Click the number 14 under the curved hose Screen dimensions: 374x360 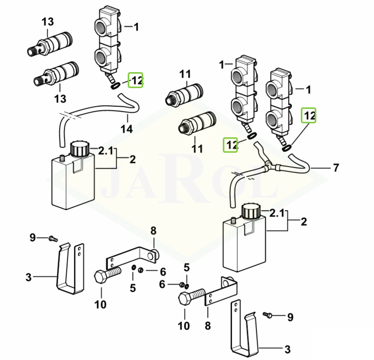[x=127, y=129]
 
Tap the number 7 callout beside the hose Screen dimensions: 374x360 [x=336, y=168]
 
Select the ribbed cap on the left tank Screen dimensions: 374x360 [x=80, y=149]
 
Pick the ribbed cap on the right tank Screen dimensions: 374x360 [x=252, y=211]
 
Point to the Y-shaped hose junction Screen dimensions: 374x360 [x=268, y=166]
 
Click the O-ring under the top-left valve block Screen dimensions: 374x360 [x=116, y=87]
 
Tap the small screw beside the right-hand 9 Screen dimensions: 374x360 [x=268, y=315]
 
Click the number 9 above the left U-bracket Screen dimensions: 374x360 [x=33, y=238]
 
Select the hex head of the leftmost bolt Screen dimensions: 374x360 [x=101, y=277]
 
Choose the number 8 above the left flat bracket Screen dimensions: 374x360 [x=153, y=231]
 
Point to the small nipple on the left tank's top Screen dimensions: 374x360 [x=62, y=158]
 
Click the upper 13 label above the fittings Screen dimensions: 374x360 [x=48, y=22]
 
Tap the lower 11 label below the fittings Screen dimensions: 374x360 [x=197, y=148]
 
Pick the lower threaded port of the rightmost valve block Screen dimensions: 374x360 [x=273, y=120]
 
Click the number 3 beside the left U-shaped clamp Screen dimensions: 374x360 [x=29, y=277]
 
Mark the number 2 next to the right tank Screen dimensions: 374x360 [x=303, y=222]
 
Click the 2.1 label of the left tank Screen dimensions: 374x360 [x=106, y=151]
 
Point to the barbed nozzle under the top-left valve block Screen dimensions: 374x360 [x=110, y=78]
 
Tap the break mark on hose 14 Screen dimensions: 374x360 [x=69, y=117]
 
